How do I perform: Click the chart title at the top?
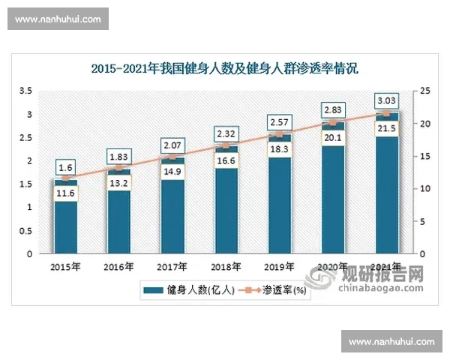pos(225,68)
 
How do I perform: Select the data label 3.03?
pos(387,100)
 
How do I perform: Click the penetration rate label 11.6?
pos(65,194)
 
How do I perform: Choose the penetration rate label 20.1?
pos(333,137)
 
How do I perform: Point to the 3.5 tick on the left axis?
pos(25,91)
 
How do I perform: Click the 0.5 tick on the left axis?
pos(25,230)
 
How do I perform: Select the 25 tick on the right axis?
pos(424,91)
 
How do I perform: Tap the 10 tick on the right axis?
pos(424,188)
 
